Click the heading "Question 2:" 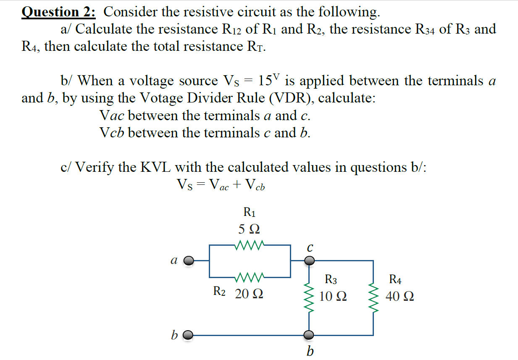click(59, 12)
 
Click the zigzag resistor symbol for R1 click(250, 244)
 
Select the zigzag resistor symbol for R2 click(250, 277)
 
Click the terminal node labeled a click(189, 261)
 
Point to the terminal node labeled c click(310, 261)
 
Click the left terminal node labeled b click(189, 335)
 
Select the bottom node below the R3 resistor click(310, 335)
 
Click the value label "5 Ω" click(249, 229)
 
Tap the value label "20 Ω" click(249, 294)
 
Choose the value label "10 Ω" click(333, 297)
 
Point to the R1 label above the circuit click(250, 212)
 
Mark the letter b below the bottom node click(310, 351)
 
